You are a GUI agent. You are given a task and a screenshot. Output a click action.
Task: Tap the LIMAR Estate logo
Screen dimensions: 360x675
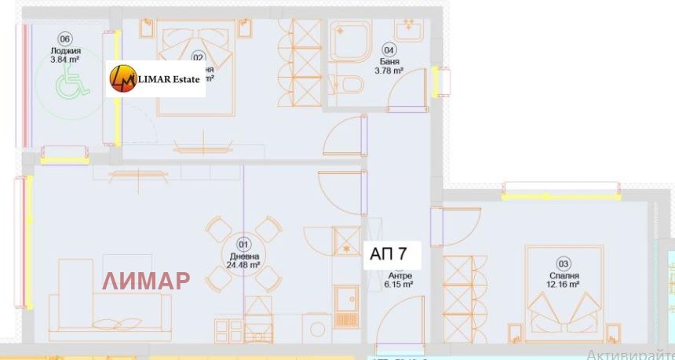tap(155, 79)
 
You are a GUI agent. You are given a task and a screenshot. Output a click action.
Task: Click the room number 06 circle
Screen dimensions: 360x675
tap(65, 39)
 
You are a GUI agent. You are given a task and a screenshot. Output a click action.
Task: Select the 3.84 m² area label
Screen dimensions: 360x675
tap(65, 58)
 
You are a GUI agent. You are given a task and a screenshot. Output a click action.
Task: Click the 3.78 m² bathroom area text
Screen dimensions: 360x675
tap(389, 71)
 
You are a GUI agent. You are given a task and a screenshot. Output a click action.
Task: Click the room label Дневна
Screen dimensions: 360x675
tap(244, 256)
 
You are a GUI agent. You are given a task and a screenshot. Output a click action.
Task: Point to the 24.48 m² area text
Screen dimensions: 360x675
tap(244, 265)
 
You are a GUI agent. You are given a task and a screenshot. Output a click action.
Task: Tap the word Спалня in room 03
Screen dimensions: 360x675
tap(564, 275)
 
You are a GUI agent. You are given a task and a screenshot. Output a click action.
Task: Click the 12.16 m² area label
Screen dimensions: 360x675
tap(564, 285)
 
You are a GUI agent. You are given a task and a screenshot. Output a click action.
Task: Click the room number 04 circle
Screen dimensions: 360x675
tap(389, 49)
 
